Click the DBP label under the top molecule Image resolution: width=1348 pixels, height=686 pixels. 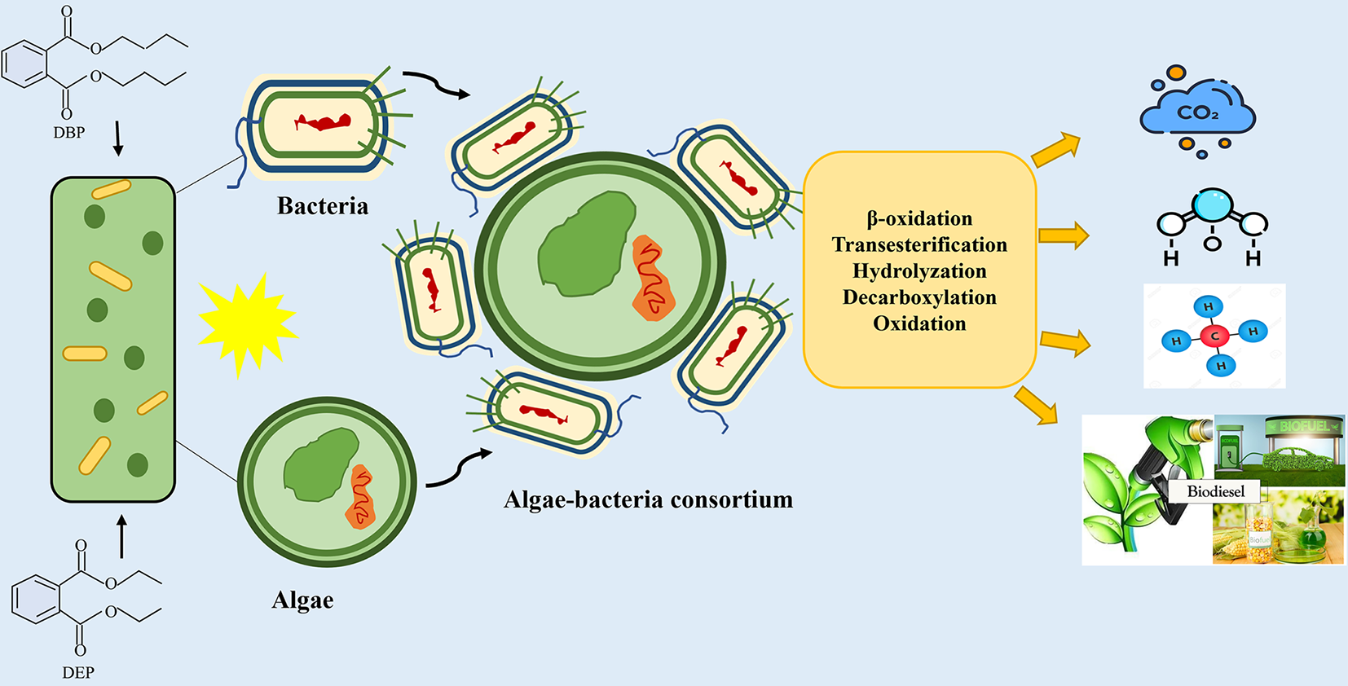tap(69, 132)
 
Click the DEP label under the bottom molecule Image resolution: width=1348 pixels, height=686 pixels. tap(78, 672)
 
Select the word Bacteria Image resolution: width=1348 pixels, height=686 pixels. tap(323, 206)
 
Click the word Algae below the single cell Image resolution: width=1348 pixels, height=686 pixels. tap(302, 600)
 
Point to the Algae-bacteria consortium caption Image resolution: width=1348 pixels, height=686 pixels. tap(648, 499)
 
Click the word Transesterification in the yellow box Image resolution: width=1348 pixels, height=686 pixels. tap(919, 244)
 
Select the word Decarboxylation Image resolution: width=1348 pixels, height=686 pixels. tap(919, 297)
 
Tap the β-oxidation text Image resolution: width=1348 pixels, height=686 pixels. tap(919, 218)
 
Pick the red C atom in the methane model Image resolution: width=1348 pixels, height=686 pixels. tap(1214, 336)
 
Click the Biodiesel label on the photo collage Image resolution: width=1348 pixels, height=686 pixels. tap(1215, 491)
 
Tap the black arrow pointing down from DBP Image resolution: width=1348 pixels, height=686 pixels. tap(118, 139)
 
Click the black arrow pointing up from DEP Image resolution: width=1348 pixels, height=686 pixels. tap(121, 536)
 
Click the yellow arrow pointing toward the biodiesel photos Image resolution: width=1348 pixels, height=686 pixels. tap(1036, 406)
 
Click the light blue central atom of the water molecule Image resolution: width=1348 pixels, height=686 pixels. tap(1214, 204)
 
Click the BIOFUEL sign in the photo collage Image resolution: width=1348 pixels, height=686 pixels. tap(1303, 426)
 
